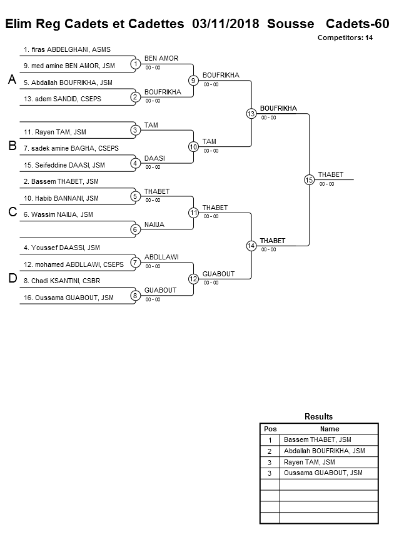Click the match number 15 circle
tap(309, 179)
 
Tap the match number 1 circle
tap(135, 63)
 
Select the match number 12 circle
tap(193, 279)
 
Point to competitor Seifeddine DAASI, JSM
tap(64, 165)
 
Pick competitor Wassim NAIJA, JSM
tap(58, 214)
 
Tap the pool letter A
tap(11, 79)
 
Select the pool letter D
tap(12, 279)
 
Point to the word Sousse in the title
tap(290, 24)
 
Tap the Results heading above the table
tap(318, 416)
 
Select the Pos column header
tap(270, 429)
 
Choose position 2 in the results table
tap(270, 451)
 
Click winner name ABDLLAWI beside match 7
tap(161, 257)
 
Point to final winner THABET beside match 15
tap(330, 174)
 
